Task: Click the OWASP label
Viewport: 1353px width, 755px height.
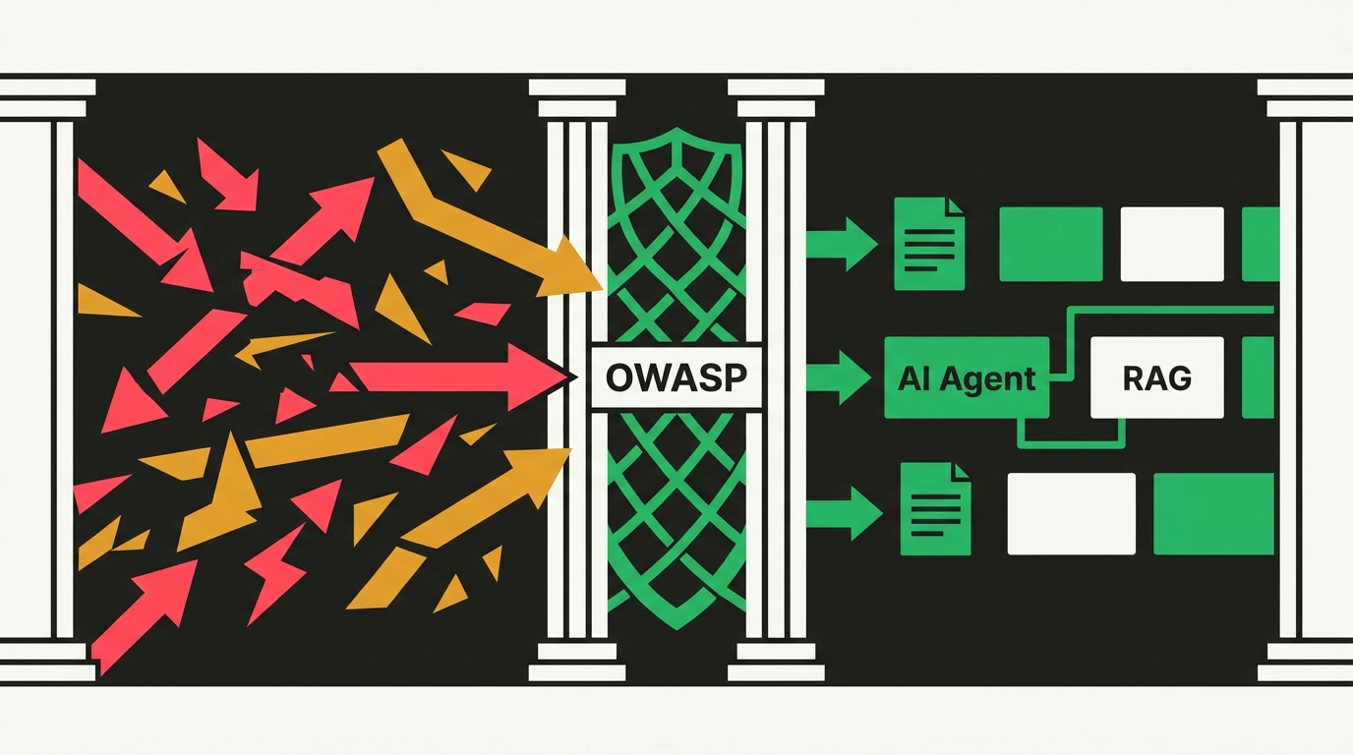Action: [x=676, y=377]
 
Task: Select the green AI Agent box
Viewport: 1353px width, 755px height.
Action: [x=967, y=377]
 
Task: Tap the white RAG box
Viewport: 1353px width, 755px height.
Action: [x=1156, y=377]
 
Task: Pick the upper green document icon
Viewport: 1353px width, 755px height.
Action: [x=929, y=244]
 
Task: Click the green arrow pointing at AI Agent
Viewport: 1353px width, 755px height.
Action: [x=839, y=377]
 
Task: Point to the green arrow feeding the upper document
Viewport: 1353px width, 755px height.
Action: [x=842, y=244]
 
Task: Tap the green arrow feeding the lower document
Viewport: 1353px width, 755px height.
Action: [x=844, y=513]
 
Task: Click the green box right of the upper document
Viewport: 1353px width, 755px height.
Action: [x=1051, y=244]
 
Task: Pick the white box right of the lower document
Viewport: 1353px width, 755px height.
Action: [x=1072, y=513]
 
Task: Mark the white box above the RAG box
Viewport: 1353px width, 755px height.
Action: [x=1172, y=244]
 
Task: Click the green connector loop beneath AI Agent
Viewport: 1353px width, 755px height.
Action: [x=1071, y=445]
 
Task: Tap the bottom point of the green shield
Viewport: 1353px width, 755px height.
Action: [x=676, y=629]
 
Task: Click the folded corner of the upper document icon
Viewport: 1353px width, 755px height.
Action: [x=956, y=206]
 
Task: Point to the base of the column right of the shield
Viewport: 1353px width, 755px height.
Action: [x=776, y=662]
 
